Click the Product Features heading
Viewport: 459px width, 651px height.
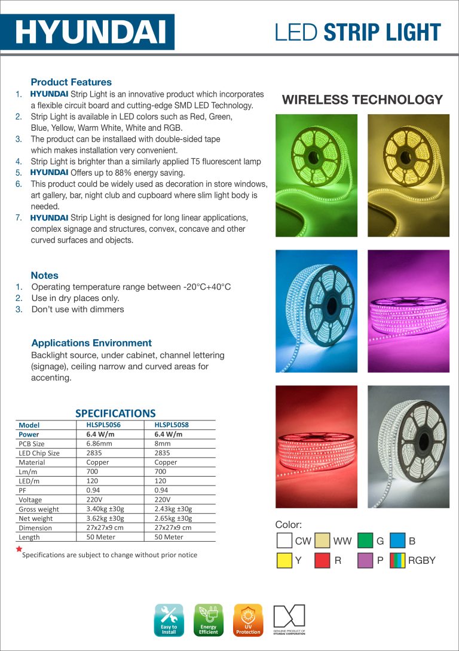[x=71, y=82]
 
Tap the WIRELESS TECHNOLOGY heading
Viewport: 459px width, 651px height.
[x=362, y=100]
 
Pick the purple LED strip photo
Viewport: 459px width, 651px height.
[x=408, y=311]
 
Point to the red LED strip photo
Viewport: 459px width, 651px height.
[x=316, y=446]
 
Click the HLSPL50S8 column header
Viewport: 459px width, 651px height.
[x=172, y=425]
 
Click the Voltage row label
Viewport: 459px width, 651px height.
[x=30, y=499]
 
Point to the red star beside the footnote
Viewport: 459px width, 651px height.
[x=19, y=549]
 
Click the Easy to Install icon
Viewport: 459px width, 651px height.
[x=169, y=619]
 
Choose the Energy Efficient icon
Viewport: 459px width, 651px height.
[x=209, y=619]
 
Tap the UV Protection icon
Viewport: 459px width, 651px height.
[x=248, y=619]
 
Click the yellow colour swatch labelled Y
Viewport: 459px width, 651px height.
[x=284, y=560]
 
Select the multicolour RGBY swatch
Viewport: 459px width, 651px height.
[x=397, y=560]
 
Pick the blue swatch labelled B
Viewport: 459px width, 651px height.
[x=397, y=541]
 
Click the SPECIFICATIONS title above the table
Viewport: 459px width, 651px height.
[x=115, y=413]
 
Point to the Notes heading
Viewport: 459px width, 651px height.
[x=45, y=275]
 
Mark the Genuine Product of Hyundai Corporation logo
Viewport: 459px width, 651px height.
[x=289, y=619]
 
